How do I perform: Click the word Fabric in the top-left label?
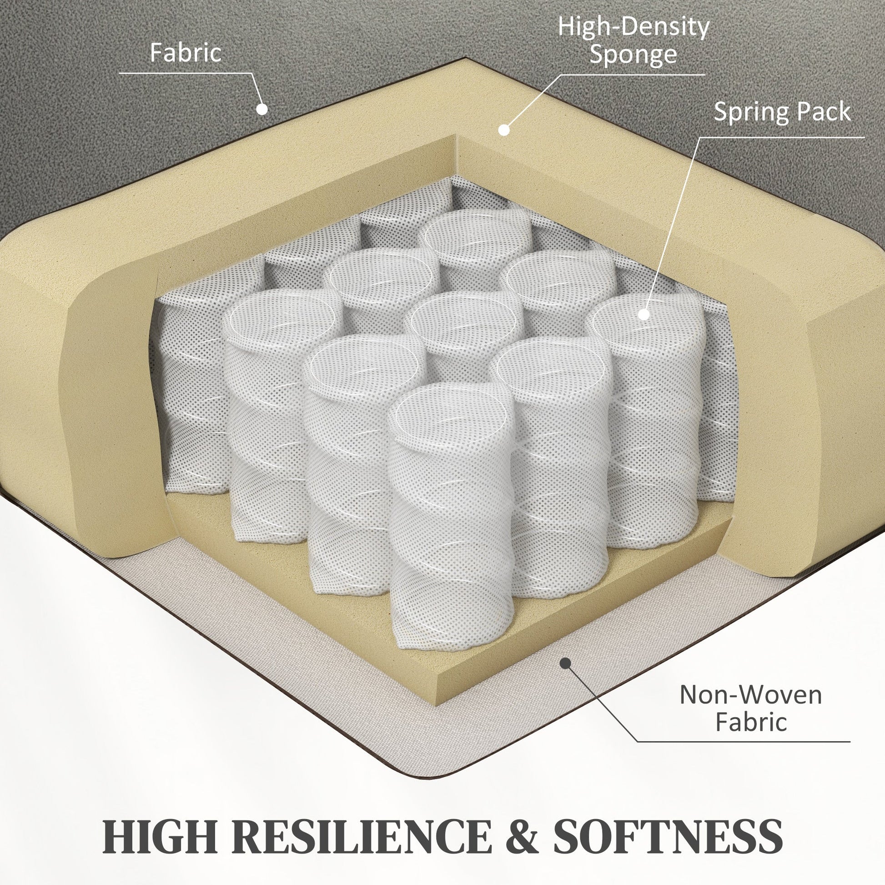[x=186, y=53]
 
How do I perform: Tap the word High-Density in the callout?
[x=634, y=27]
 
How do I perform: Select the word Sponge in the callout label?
[x=633, y=55]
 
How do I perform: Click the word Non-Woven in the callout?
[x=751, y=695]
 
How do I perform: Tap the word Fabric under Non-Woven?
[x=751, y=722]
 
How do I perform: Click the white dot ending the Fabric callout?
[x=261, y=109]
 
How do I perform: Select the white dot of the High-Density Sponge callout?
[x=504, y=130]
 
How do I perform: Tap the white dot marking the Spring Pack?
[x=644, y=314]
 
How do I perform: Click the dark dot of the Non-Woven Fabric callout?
[x=566, y=663]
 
